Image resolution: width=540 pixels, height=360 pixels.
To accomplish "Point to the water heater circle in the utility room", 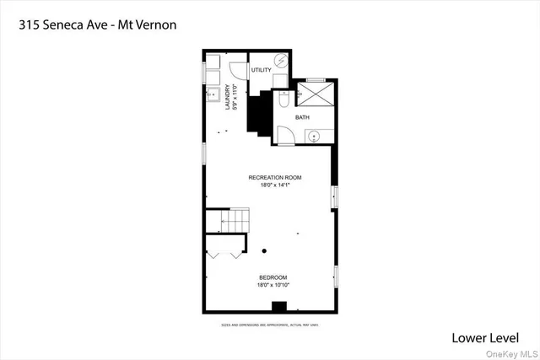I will [282, 62].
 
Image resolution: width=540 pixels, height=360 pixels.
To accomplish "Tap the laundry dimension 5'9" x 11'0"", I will [234, 95].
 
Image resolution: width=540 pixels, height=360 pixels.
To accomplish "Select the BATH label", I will [302, 118].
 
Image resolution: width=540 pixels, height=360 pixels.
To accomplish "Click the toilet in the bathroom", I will [284, 99].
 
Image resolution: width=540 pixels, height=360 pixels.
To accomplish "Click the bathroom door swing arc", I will [286, 135].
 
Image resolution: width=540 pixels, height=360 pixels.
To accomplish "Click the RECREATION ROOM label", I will [274, 178].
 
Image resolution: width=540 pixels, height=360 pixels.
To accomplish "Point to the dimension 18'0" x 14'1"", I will [274, 185].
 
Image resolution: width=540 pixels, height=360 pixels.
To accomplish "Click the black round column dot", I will [264, 250].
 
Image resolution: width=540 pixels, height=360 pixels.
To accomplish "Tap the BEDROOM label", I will [273, 277].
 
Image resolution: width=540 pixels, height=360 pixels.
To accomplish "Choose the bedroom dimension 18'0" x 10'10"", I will [273, 285].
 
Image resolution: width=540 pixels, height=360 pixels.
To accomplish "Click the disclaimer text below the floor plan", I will [270, 323].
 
